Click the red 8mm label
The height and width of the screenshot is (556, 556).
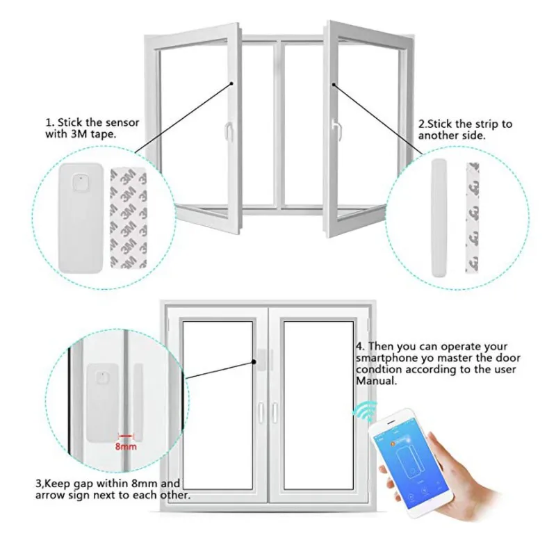[x=125, y=444]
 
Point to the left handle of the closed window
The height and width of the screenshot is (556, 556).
[x=259, y=412]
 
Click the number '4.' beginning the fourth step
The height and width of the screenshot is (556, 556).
[x=360, y=346]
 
